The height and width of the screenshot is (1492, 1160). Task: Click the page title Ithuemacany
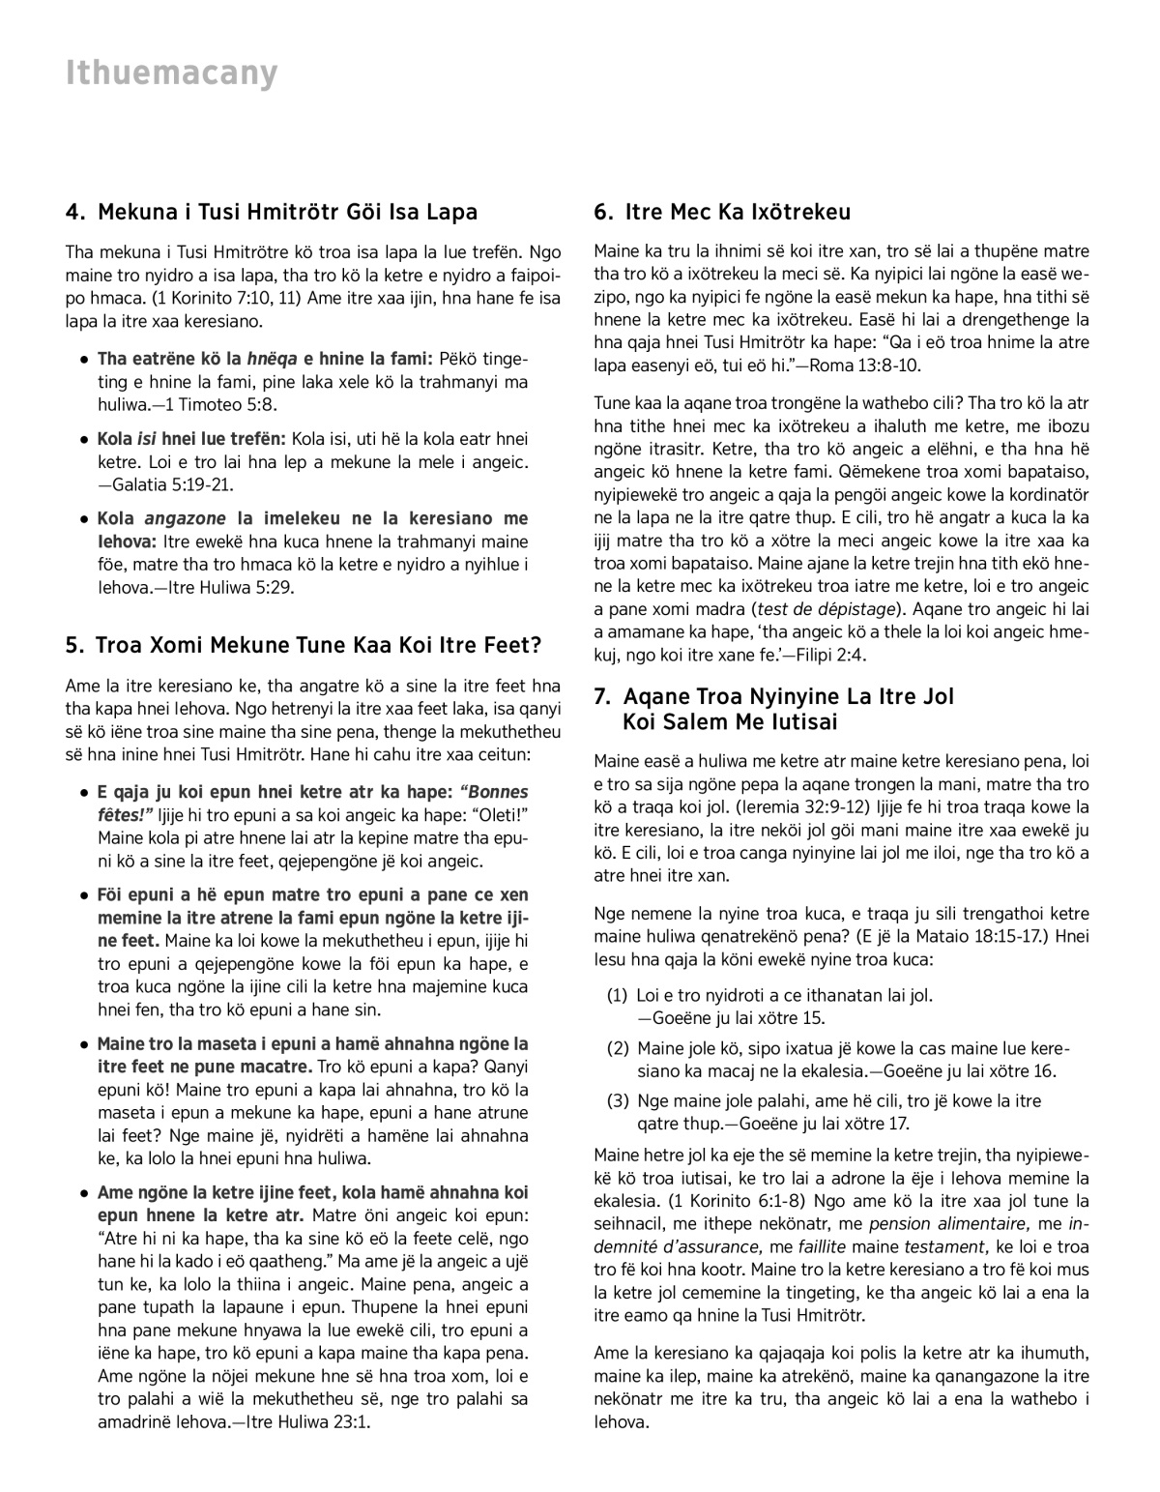[171, 73]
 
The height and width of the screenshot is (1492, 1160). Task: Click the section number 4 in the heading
[72, 212]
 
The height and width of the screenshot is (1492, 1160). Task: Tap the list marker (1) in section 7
[617, 994]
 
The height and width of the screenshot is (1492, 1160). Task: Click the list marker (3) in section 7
[617, 1100]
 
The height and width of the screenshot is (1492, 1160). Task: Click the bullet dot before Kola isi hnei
[86, 439]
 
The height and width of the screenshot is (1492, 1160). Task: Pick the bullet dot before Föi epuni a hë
[86, 894]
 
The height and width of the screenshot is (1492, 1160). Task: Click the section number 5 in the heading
[72, 645]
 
